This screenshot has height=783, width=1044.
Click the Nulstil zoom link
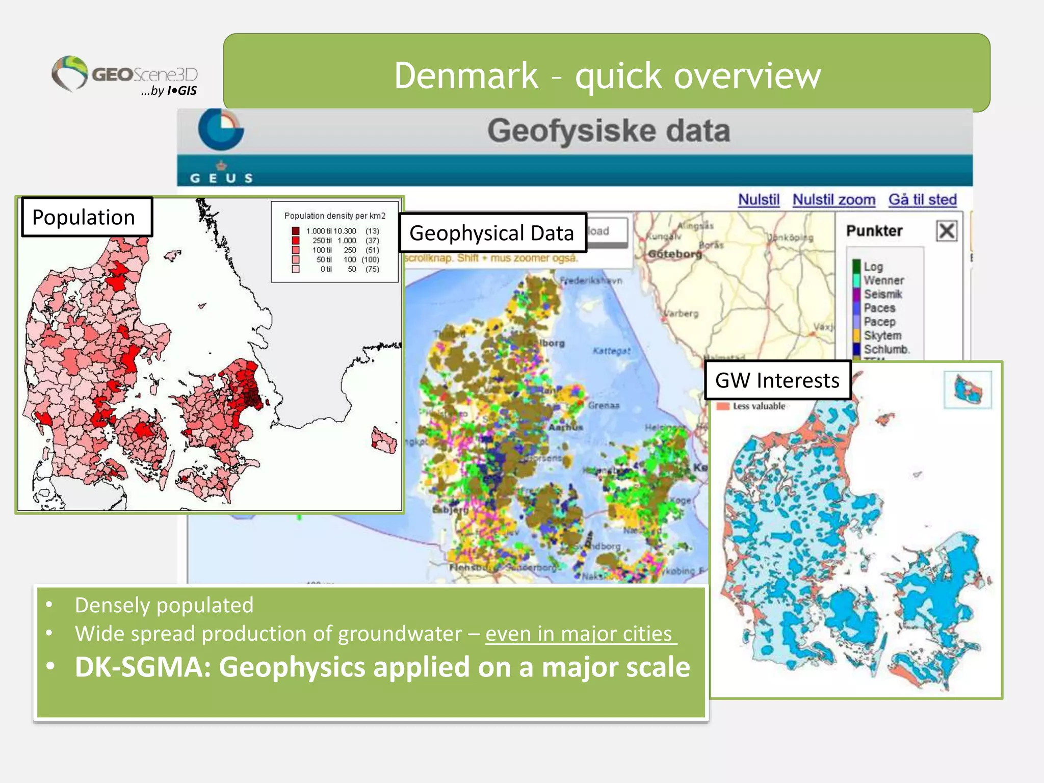pyautogui.click(x=833, y=199)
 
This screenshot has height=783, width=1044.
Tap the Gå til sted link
pyautogui.click(x=922, y=199)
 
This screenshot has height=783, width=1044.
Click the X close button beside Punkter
pyautogui.click(x=946, y=231)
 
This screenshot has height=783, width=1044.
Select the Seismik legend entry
pyautogui.click(x=882, y=294)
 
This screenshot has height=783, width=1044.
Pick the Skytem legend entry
pyautogui.click(x=882, y=335)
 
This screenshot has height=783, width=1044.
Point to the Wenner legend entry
pyautogui.click(x=883, y=280)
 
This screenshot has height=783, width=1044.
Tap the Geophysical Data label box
pyautogui.click(x=492, y=233)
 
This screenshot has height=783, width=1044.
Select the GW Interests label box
pyautogui.click(x=777, y=380)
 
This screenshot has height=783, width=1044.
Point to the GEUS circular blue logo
pyautogui.click(x=221, y=129)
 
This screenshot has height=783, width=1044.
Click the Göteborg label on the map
pyautogui.click(x=674, y=254)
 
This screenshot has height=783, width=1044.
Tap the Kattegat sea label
pyautogui.click(x=611, y=351)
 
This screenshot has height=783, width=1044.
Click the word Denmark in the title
pyautogui.click(x=466, y=76)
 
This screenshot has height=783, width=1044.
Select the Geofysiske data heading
pyautogui.click(x=608, y=130)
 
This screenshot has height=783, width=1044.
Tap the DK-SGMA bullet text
pyautogui.click(x=382, y=667)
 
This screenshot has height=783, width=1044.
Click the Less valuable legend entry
pyautogui.click(x=758, y=406)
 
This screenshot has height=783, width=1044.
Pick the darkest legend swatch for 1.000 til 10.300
pyautogui.click(x=296, y=231)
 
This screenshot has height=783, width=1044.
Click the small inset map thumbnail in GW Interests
pyautogui.click(x=967, y=390)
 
